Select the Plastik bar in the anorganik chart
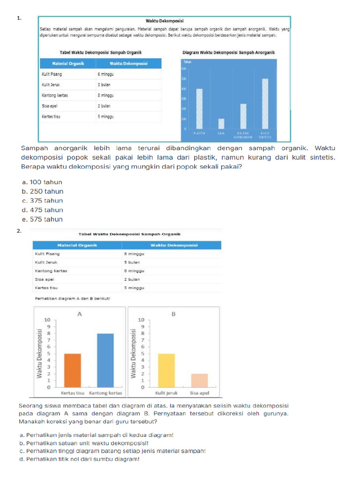199,109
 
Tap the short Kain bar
221,123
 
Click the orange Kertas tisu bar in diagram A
73,370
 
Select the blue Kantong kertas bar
105,360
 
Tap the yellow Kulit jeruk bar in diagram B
166,370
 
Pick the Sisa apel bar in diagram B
199,380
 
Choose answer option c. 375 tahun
42,201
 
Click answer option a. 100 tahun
42,182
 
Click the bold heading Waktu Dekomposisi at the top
165,21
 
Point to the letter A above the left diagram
80,314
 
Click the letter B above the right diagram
173,314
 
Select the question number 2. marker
19,231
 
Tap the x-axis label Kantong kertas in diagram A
105,393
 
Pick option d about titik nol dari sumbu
80,459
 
